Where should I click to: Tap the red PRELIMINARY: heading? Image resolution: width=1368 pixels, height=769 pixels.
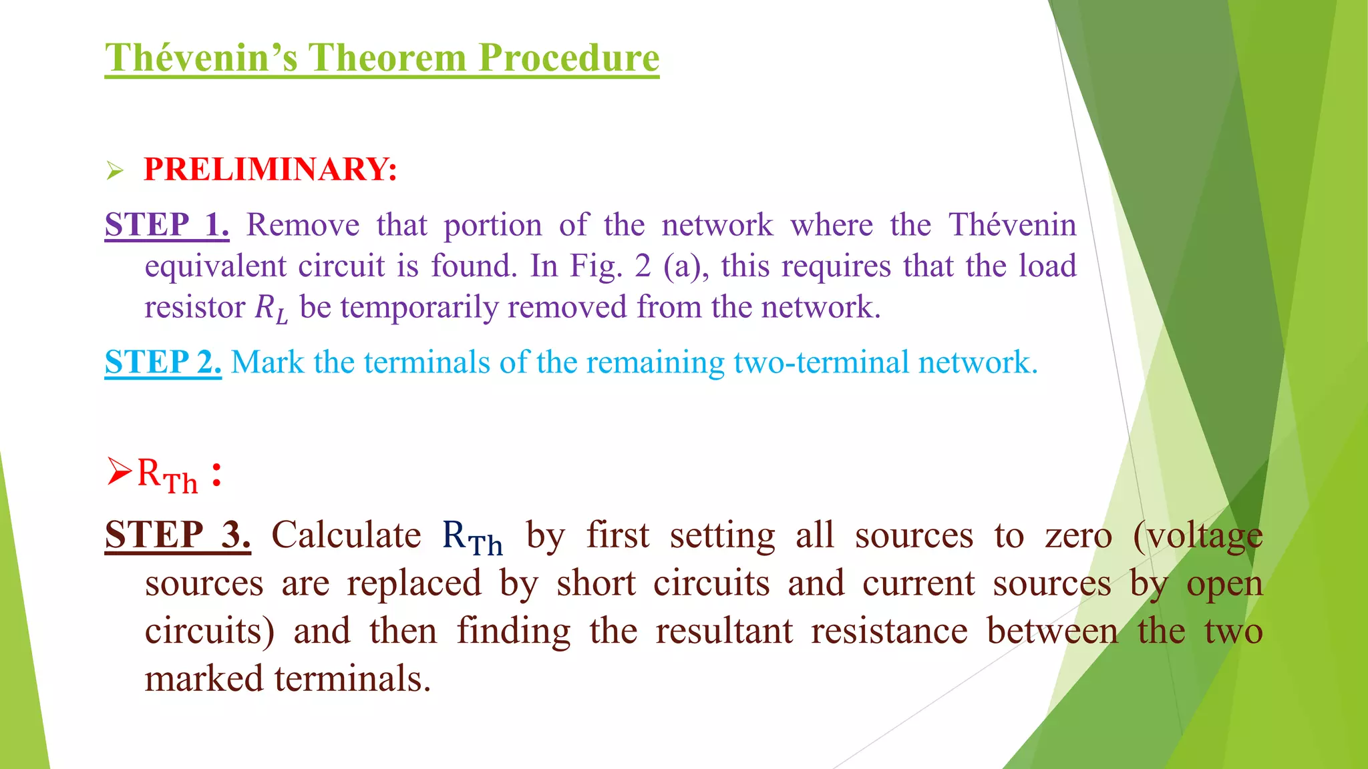(271, 169)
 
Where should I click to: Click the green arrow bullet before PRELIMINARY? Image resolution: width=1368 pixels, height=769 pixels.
(115, 171)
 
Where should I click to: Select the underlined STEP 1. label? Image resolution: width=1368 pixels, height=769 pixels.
(167, 224)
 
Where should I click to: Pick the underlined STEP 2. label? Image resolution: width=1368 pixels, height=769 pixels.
(163, 362)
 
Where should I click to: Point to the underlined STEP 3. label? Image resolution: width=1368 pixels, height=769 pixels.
(178, 535)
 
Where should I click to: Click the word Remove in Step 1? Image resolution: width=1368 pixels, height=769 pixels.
(303, 225)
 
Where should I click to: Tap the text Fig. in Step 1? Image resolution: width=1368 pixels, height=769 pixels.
(596, 266)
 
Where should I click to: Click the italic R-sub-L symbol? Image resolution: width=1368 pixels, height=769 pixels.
(271, 308)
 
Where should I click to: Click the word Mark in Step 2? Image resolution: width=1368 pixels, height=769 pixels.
(267, 362)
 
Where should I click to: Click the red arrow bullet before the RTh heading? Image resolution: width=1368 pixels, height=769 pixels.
(119, 473)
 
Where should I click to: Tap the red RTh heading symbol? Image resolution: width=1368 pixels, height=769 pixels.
(167, 475)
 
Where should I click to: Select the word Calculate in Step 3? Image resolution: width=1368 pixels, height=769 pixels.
(346, 535)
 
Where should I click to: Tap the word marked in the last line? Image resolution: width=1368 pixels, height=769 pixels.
(204, 680)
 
